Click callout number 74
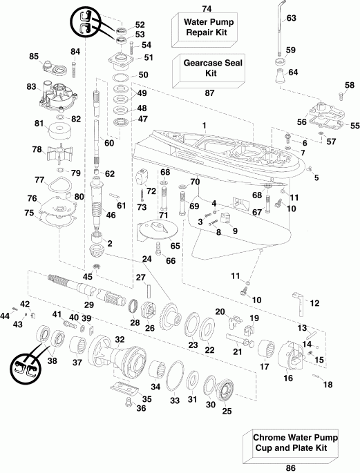[x=206, y=8]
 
